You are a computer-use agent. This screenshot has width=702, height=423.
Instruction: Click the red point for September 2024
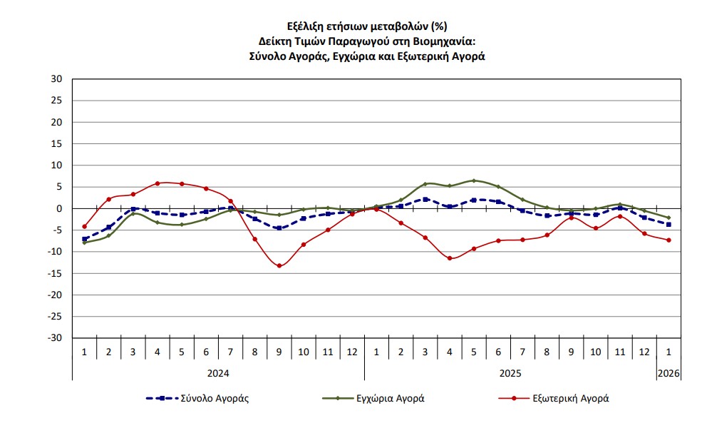(x=279, y=266)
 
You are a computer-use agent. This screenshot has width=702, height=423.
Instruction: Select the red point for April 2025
(x=450, y=258)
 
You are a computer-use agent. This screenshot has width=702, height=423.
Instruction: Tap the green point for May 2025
(x=474, y=180)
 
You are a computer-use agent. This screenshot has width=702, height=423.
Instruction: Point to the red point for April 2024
(x=157, y=183)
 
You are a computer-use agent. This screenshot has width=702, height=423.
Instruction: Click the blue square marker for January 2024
(x=84, y=239)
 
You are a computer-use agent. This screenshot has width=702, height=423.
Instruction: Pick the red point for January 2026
(x=669, y=240)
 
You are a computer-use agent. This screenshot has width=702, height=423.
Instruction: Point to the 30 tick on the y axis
(x=58, y=79)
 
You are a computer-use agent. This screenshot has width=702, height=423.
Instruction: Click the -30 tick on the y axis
(x=56, y=338)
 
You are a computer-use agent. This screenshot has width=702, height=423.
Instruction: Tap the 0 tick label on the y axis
(x=60, y=208)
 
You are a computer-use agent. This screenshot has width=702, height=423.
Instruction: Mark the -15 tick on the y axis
(x=56, y=273)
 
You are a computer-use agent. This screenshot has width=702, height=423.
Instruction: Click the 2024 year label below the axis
(x=218, y=372)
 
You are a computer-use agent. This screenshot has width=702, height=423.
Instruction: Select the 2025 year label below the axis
(x=510, y=372)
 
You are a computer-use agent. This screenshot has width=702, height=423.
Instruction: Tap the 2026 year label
(x=669, y=372)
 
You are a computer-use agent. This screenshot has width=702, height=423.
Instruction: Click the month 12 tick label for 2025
(x=644, y=352)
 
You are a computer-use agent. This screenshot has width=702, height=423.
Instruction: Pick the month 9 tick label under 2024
(x=279, y=352)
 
